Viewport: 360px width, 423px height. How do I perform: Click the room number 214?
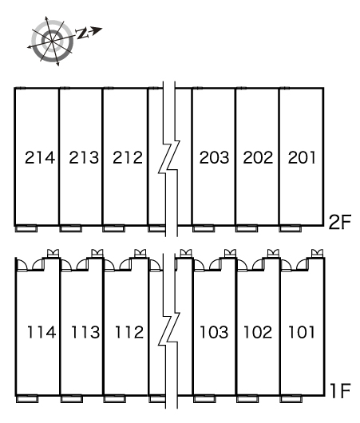point(40,157)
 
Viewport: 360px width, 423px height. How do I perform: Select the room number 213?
point(84,157)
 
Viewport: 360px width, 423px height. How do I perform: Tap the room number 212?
point(128,157)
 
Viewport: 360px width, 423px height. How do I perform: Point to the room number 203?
point(214,157)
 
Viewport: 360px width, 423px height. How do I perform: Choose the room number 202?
point(258,157)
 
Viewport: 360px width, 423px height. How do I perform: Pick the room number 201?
point(302,157)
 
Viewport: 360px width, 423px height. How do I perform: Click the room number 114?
point(42,332)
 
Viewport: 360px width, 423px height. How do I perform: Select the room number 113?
point(85,332)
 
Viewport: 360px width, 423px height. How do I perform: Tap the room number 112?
point(129,332)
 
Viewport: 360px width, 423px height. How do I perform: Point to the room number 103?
point(214,332)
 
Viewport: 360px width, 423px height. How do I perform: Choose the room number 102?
point(258,332)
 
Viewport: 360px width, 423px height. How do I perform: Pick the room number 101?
point(302,332)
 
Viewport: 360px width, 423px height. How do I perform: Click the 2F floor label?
point(340,222)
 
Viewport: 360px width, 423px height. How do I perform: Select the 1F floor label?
point(340,391)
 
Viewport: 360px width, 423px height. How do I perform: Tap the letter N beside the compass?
point(81,34)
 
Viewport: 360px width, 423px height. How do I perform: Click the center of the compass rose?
point(52,41)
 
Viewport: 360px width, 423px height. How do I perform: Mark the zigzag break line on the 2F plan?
point(169,159)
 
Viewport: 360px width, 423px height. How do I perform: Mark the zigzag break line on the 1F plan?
point(169,330)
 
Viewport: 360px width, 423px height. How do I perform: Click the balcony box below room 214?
point(26,229)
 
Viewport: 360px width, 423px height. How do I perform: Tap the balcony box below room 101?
point(291,399)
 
